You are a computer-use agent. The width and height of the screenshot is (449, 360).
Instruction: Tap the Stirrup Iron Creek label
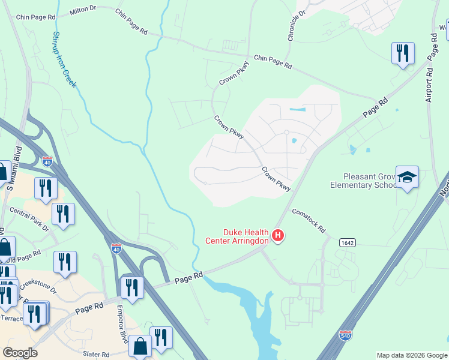click(64, 59)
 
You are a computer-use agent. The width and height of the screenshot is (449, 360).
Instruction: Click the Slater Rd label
click(97, 355)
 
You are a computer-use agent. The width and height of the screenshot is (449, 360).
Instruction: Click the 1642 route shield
click(347, 241)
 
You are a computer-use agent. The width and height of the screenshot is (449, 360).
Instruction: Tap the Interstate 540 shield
click(345, 334)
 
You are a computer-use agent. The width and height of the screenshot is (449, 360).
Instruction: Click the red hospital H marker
click(277, 235)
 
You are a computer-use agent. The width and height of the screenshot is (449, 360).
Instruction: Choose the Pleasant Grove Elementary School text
click(363, 181)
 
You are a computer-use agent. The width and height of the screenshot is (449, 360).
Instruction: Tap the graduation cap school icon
click(407, 177)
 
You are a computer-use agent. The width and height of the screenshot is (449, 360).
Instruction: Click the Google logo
click(20, 353)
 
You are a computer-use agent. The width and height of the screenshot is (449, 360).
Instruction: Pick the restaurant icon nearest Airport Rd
click(403, 53)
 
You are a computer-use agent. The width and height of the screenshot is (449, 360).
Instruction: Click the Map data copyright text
click(412, 355)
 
